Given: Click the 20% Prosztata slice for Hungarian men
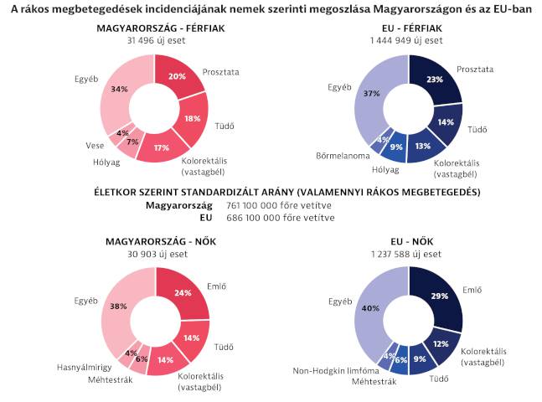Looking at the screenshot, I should [178, 76].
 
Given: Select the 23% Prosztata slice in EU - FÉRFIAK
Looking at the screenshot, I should [436, 80].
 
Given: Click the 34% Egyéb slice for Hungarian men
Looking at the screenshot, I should [119, 89].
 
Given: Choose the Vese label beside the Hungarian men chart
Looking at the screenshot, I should [95, 145].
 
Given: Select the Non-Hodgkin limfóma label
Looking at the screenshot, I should [334, 370].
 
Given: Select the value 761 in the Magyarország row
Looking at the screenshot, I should [228, 205].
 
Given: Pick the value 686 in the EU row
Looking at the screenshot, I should [228, 218].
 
